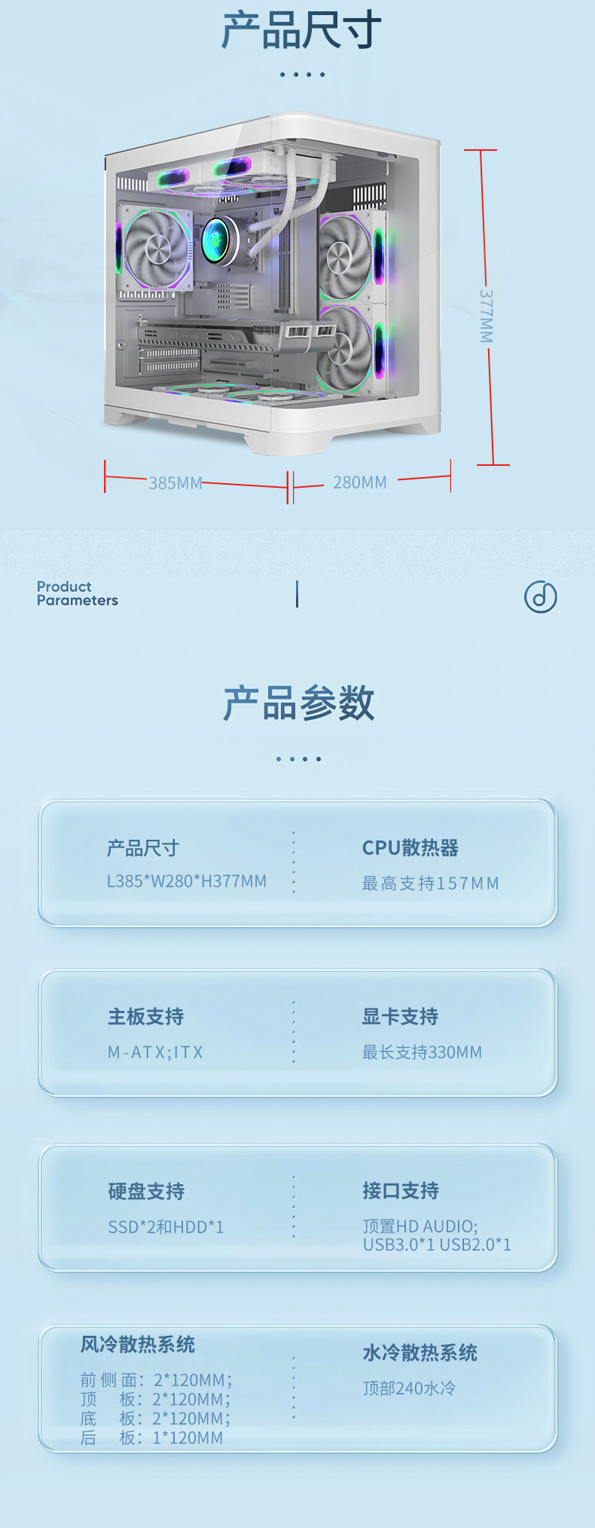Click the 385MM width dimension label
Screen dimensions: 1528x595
tap(175, 483)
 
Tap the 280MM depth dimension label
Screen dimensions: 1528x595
tap(360, 482)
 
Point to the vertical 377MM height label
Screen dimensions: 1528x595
tap(487, 316)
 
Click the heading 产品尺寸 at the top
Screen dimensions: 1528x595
tap(301, 31)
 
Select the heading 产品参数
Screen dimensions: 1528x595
tap(299, 703)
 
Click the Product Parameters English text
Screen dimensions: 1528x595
tap(77, 593)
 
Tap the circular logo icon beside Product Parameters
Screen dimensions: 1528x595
tap(540, 597)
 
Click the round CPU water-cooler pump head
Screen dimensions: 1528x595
tap(219, 240)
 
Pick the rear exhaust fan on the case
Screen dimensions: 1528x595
tap(157, 249)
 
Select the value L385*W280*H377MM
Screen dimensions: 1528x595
tap(187, 881)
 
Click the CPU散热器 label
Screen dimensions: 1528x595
tap(410, 848)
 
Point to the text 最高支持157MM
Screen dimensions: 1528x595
tap(430, 883)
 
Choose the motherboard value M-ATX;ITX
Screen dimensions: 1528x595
tap(155, 1052)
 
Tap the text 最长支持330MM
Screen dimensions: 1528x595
tap(422, 1052)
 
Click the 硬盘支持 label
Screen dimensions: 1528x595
tap(146, 1191)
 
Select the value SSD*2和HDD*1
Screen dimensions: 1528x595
tap(166, 1227)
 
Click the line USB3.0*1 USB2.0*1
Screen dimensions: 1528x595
tap(437, 1245)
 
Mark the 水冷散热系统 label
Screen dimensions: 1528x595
tap(420, 1353)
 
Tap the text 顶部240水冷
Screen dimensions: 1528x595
tap(409, 1389)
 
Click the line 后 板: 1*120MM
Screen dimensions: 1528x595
tap(152, 1438)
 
